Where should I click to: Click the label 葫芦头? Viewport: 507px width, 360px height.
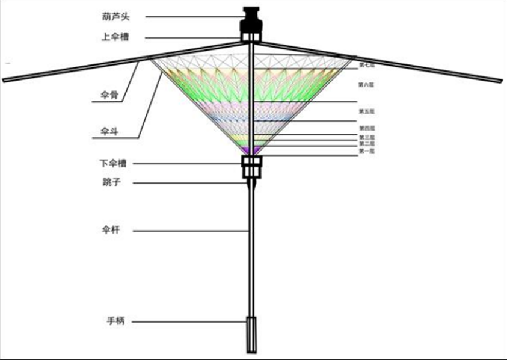[x=115, y=16]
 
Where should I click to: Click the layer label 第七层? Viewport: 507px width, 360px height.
[x=366, y=64]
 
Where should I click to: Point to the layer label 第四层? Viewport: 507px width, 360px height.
[x=366, y=128]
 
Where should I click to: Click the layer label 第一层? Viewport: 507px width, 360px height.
[x=366, y=151]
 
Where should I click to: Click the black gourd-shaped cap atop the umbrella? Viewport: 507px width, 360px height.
[x=251, y=22]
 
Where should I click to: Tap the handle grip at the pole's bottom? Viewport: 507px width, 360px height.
[x=251, y=334]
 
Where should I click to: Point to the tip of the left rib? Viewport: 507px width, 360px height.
[x=5, y=79]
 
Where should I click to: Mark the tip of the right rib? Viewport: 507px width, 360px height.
[x=500, y=81]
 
